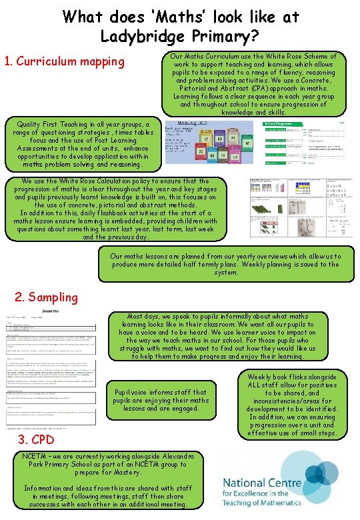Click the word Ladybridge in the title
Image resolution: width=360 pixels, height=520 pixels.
point(137,34)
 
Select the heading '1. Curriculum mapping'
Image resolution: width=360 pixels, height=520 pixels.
point(65,62)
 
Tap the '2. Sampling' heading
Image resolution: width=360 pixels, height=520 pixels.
point(47,297)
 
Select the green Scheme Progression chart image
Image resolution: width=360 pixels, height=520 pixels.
point(302,145)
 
